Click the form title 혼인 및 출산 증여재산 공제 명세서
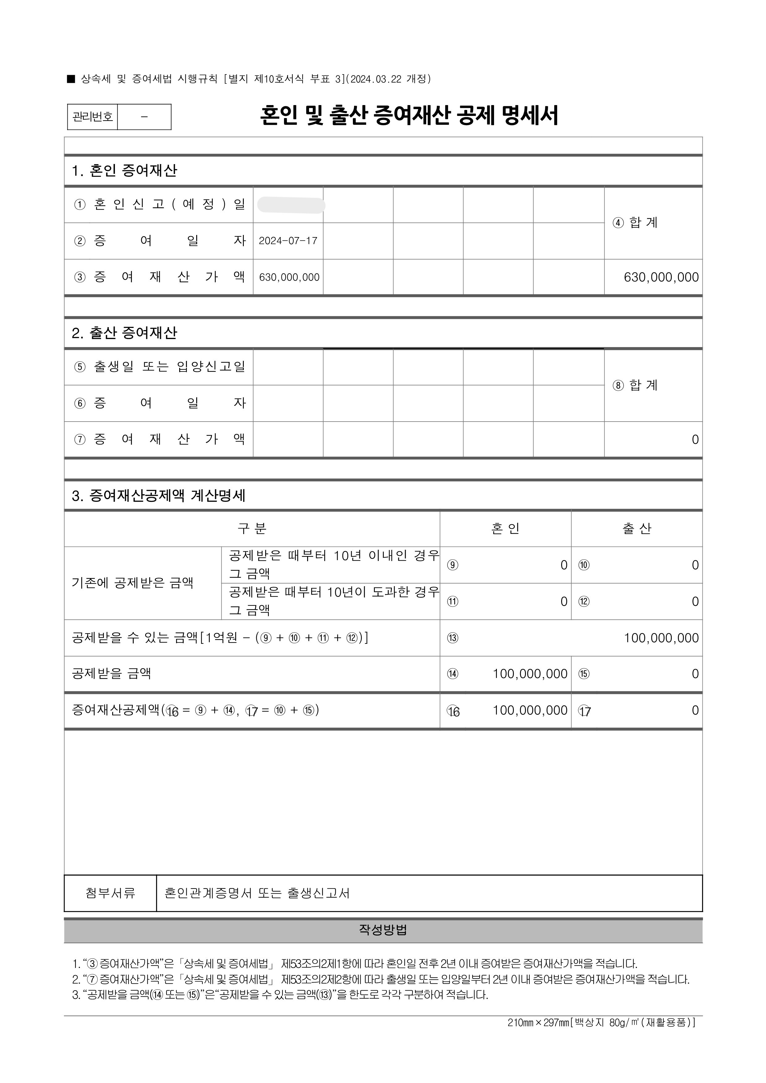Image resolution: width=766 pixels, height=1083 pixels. (409, 116)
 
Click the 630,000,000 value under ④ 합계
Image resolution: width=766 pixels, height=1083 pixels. (661, 277)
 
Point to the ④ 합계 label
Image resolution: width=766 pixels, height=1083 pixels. (635, 223)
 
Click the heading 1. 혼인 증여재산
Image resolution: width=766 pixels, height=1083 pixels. (125, 171)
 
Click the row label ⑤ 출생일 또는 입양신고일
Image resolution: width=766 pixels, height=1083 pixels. (159, 367)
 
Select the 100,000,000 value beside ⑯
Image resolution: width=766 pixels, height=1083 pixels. (530, 710)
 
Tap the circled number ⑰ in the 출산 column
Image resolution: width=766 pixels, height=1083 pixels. (584, 711)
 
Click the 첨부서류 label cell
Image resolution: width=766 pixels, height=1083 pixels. (110, 893)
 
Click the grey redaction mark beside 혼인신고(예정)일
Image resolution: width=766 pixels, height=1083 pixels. (291, 206)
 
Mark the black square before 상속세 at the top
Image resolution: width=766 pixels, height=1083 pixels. (71, 79)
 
